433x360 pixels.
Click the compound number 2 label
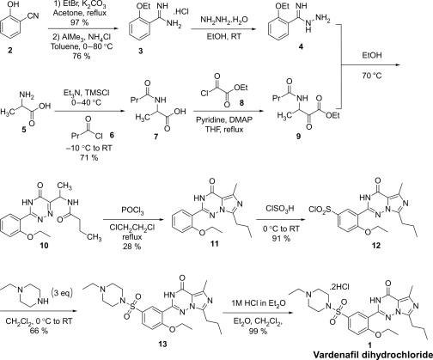coord(10,52)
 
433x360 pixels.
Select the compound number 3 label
coord(141,52)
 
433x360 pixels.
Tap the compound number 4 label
coord(301,46)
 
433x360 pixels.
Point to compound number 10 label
coord(44,246)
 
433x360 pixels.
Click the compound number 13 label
coord(162,344)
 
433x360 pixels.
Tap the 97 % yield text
coord(77,22)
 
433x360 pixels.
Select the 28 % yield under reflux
coord(131,247)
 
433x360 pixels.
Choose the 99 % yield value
coord(258,331)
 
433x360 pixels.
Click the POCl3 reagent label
coord(132,212)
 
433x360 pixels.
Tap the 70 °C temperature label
coord(372,76)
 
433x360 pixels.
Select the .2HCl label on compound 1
coord(339,287)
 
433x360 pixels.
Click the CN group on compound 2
coord(33,15)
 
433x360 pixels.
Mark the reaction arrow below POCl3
coord(133,220)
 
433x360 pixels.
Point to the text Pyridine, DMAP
coord(224,120)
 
